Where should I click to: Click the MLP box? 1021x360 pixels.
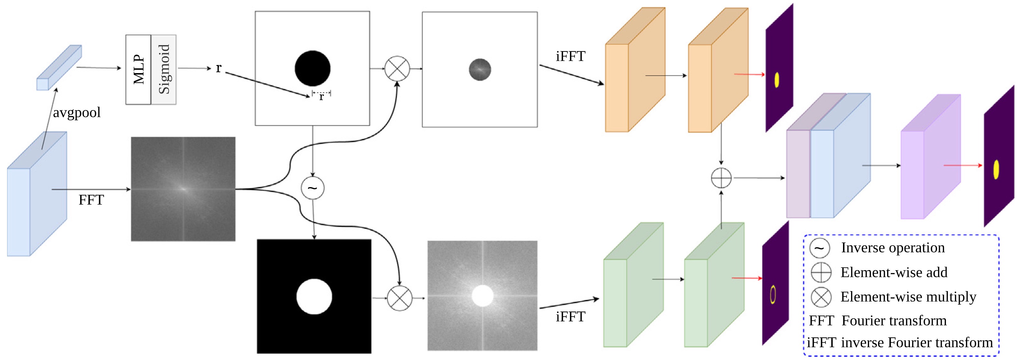[x=138, y=70]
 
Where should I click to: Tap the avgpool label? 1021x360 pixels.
[x=77, y=113]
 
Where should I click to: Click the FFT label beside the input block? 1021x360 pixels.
[x=91, y=200]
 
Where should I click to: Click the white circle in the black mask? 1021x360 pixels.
[x=314, y=297]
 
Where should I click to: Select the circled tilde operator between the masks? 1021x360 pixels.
[x=313, y=188]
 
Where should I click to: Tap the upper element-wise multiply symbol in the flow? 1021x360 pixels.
[x=397, y=68]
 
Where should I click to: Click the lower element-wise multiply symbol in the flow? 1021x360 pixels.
[x=399, y=298]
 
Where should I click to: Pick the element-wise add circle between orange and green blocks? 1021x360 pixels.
[x=721, y=178]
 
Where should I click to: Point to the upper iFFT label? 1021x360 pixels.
[x=570, y=56]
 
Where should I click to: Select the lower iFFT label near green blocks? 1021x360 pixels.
[x=570, y=317]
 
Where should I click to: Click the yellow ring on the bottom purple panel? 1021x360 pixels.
[x=773, y=295]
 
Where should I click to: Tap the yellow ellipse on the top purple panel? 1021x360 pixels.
[x=777, y=80]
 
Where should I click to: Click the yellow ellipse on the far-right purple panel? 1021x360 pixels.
[x=996, y=169]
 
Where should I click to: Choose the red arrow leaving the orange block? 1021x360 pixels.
[x=749, y=74]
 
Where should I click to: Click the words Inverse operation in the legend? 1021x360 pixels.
[x=893, y=248]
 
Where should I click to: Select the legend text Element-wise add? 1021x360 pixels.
[x=894, y=272]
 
